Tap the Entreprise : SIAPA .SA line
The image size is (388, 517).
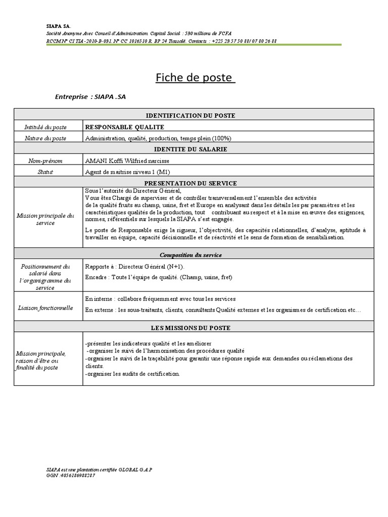(90, 97)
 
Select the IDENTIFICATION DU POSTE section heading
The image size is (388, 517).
(193, 116)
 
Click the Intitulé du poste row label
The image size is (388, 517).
(49, 127)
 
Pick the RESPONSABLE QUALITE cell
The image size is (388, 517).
(125, 127)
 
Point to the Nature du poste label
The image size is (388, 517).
(49, 138)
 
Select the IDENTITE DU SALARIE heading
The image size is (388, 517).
(193, 149)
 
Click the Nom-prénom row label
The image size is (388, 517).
(49, 161)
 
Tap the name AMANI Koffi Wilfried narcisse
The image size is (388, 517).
(127, 161)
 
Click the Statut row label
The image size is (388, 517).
(49, 172)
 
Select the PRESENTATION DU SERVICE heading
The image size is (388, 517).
(193, 183)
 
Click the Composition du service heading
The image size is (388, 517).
(193, 255)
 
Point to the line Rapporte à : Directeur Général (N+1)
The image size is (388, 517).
(135, 266)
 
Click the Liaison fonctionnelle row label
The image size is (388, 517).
(49, 307)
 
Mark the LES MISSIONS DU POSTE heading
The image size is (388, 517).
(193, 328)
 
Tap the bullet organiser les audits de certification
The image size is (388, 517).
(132, 374)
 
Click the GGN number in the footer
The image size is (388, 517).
(70, 476)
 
